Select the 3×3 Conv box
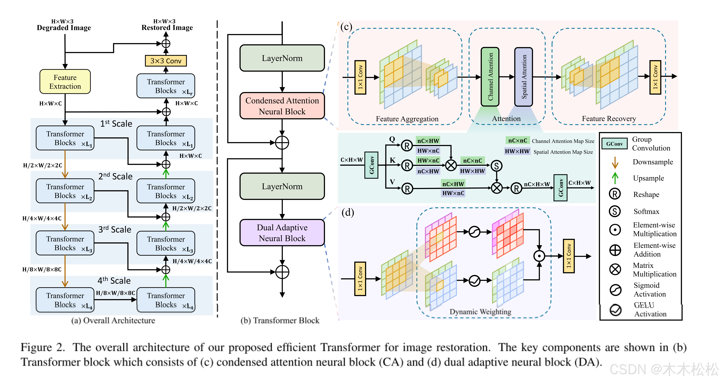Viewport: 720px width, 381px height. point(166,61)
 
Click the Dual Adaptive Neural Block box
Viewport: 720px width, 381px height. point(282,233)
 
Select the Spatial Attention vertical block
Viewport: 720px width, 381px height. point(523,77)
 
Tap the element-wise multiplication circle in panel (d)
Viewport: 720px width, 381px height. point(539,256)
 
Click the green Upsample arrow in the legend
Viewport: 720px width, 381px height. point(615,178)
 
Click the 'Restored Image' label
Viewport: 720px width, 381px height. point(167,28)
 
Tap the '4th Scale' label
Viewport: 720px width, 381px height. point(114,281)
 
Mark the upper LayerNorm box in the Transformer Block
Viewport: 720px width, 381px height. point(282,58)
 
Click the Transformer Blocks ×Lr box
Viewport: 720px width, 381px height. point(166,86)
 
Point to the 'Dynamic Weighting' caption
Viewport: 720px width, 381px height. point(480,311)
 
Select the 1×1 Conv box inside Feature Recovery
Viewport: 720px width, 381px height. point(655,77)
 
